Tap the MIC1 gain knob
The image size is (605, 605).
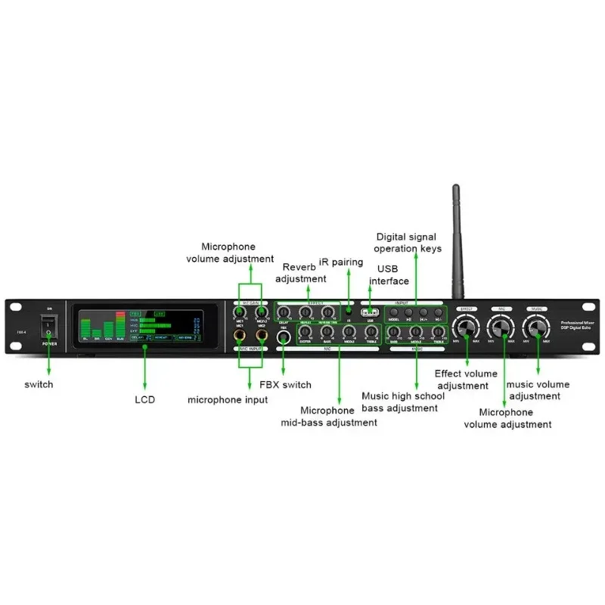pos(240,312)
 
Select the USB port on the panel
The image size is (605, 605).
pos(371,312)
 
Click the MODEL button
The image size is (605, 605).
pos(393,312)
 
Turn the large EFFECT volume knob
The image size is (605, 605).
pos(466,327)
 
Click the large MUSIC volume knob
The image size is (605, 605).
pos(538,327)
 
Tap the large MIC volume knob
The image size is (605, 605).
pos(501,327)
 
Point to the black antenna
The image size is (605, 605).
pos(456,242)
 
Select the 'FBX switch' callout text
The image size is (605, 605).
pos(285,384)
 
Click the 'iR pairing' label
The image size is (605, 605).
pos(347,262)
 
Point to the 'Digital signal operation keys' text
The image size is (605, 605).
pos(409,242)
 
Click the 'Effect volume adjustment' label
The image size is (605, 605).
pos(466,380)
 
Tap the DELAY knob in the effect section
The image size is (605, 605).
pos(285,312)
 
